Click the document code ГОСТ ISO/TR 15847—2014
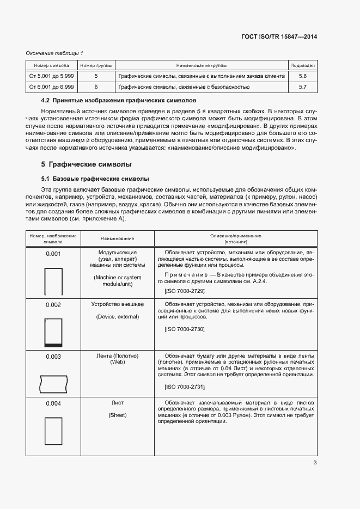coord(279,37)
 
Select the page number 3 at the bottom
coord(315,463)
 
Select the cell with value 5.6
coord(303,76)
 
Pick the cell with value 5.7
coord(303,87)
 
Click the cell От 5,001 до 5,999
coord(52,76)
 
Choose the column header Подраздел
coord(303,65)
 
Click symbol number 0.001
coord(53,253)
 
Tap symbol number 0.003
coord(53,357)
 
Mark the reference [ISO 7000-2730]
coord(184,329)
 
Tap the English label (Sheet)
coord(118,415)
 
